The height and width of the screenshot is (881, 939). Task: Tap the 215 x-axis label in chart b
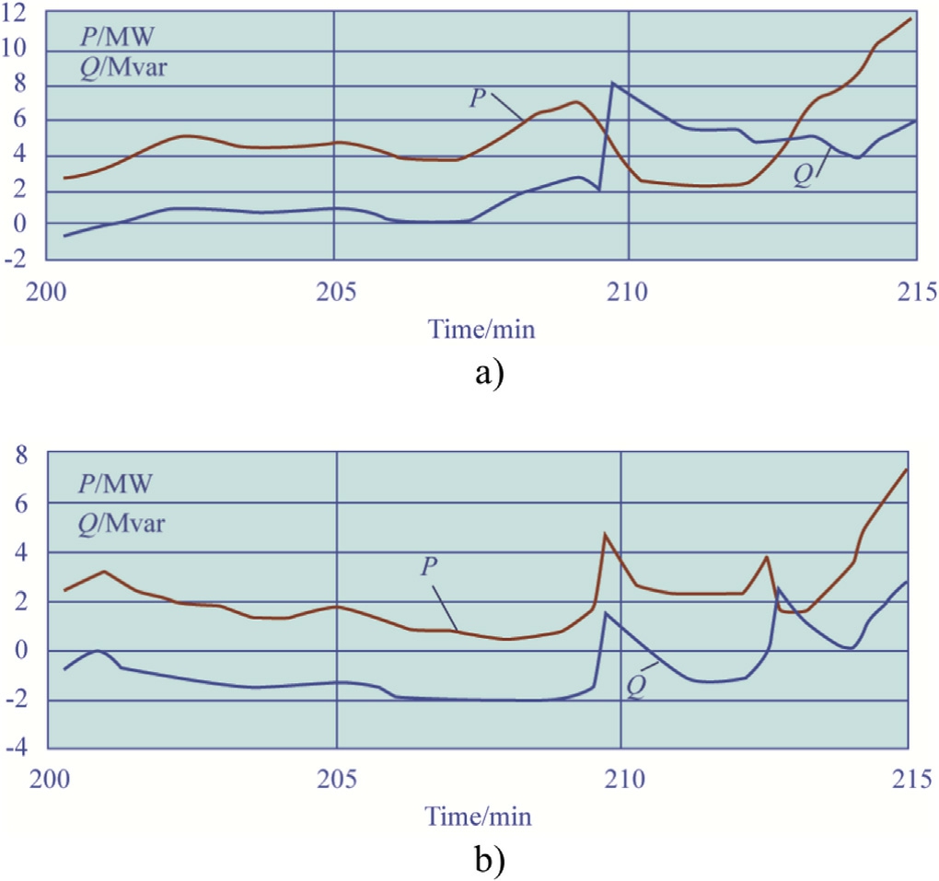pos(908,778)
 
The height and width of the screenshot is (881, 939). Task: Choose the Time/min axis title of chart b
pos(478,816)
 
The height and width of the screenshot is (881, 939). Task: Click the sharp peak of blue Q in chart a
pos(612,83)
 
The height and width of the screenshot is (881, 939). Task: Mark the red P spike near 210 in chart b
pos(605,534)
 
